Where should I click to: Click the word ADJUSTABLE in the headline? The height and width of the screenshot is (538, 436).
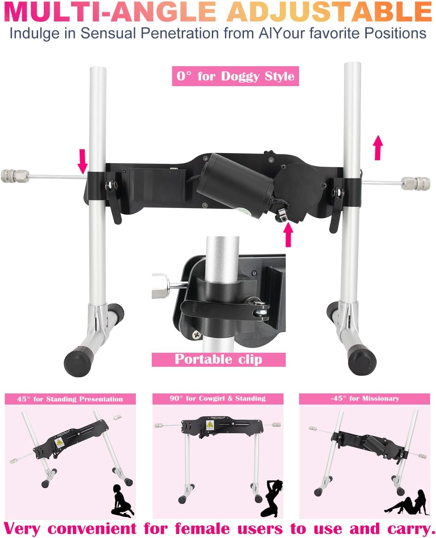pyautogui.click(x=329, y=11)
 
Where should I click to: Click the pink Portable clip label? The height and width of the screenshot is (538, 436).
pyautogui.click(x=218, y=359)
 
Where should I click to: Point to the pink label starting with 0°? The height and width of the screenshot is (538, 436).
pyautogui.click(x=235, y=76)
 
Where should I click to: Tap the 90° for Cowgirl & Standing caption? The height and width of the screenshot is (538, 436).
pyautogui.click(x=218, y=399)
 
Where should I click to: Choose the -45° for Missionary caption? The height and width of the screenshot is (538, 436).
pyautogui.click(x=365, y=399)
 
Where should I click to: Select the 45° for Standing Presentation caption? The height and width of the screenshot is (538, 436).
pyautogui.click(x=70, y=399)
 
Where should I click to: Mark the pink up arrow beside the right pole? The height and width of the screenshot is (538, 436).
pyautogui.click(x=378, y=148)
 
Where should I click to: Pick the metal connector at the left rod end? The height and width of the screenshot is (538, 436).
pyautogui.click(x=15, y=176)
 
